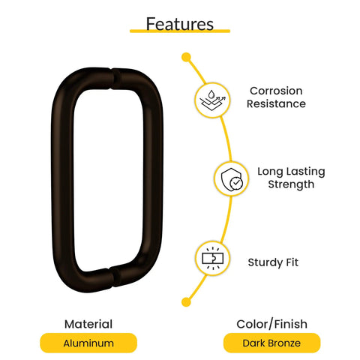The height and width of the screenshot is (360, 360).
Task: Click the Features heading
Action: coord(180,24)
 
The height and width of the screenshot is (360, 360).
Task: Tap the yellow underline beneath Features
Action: coord(180,31)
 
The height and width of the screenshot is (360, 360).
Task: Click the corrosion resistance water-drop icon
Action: coord(212,100)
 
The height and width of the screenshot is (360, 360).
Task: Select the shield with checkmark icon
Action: coord(232,179)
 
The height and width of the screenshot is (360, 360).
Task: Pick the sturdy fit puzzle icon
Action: coord(212,258)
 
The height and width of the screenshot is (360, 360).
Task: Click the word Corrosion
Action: coord(276,91)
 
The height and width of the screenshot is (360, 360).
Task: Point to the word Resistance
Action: coord(276,103)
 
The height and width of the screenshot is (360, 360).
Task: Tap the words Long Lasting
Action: coord(291,172)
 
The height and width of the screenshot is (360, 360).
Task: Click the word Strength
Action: coord(291,184)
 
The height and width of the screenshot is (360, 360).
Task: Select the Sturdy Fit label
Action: coord(273,262)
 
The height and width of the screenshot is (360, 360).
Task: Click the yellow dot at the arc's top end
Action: coord(186,57)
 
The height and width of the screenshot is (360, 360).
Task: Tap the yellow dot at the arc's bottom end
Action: coord(186,302)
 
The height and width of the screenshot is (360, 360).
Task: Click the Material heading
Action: coord(88,324)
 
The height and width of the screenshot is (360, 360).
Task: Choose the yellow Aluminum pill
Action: coord(88,343)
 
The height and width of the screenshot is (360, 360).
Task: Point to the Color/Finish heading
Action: coord(271,324)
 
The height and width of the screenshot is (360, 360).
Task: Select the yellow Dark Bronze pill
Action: coord(271,343)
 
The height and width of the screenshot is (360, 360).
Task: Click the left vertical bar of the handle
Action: coord(62,180)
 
